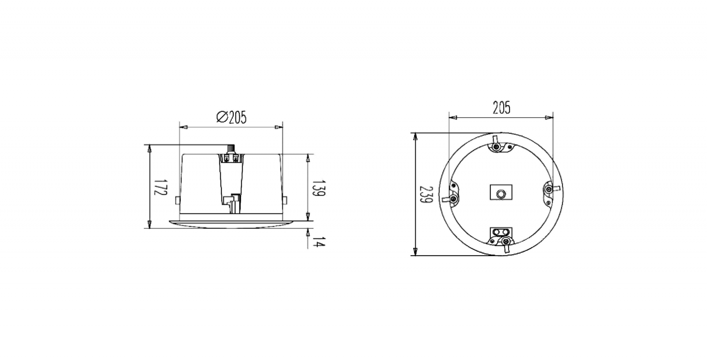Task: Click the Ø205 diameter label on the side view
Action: coord(232,117)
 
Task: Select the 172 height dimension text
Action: coord(160,187)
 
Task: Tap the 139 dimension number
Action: coord(319,188)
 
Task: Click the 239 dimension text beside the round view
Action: coord(426,194)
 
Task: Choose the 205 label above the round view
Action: coord(502,108)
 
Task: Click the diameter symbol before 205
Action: coord(222,117)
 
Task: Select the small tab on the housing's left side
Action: coord(177,200)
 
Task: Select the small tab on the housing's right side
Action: coord(285,200)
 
